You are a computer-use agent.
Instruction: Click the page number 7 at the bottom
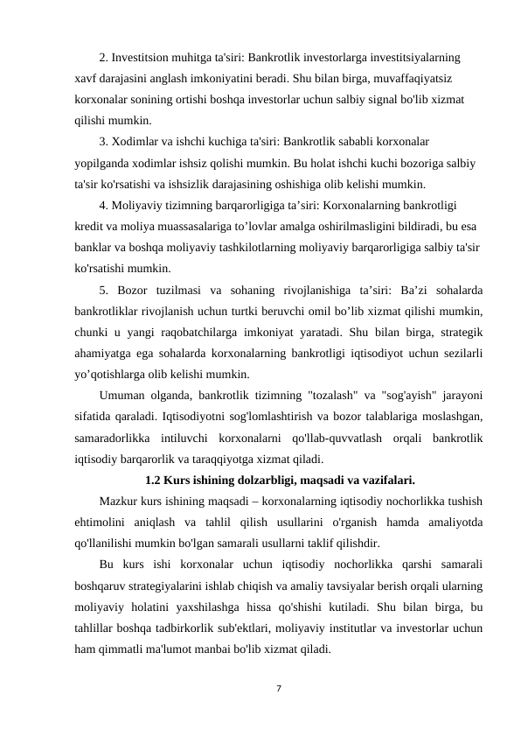pyautogui.click(x=277, y=688)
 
